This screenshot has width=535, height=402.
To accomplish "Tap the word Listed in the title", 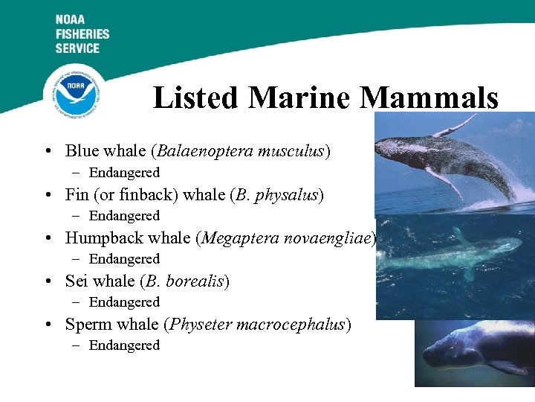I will (196, 98).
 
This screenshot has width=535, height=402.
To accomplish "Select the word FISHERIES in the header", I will (82, 34).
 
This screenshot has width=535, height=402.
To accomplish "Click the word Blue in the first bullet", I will (81, 151).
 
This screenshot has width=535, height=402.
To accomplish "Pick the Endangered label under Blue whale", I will (124, 173).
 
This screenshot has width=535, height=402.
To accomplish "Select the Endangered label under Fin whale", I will (124, 216).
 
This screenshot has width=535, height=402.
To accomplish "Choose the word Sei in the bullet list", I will (77, 281).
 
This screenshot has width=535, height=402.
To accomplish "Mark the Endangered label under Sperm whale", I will (124, 345).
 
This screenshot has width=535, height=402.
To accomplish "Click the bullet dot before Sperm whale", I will (47, 325).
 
